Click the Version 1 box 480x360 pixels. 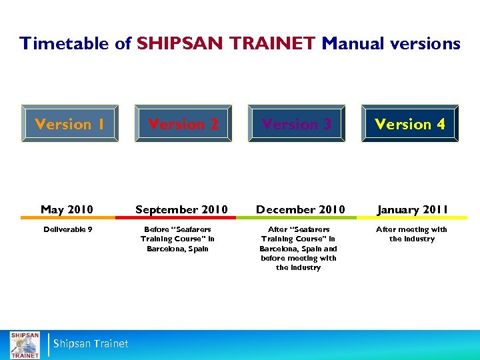(70, 124)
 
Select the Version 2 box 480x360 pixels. (183, 124)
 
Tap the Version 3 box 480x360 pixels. (297, 124)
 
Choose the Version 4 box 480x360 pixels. (410, 124)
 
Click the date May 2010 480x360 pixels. (67, 209)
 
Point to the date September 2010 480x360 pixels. (181, 209)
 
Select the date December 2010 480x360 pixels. (301, 209)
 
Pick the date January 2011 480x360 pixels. (412, 209)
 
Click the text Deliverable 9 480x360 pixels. (68, 229)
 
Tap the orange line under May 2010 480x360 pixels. (67, 218)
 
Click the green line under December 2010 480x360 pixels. (301, 218)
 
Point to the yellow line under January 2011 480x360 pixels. (412, 218)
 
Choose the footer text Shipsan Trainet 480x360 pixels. (91, 344)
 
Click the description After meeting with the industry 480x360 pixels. (412, 234)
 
